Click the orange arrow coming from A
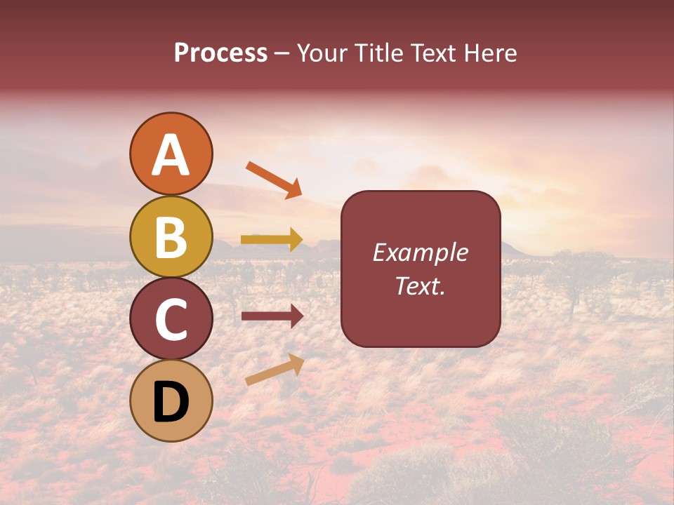coord(274,180)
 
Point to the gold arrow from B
coord(272,240)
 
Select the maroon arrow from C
coord(272,316)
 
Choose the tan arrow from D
coord(275,370)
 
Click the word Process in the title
coord(220,53)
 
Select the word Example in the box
coord(420,252)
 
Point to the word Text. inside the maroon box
coord(420,285)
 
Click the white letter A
coord(171,156)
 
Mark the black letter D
coord(171,403)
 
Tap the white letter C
coord(171,320)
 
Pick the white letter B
coord(171,238)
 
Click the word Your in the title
coord(323,53)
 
